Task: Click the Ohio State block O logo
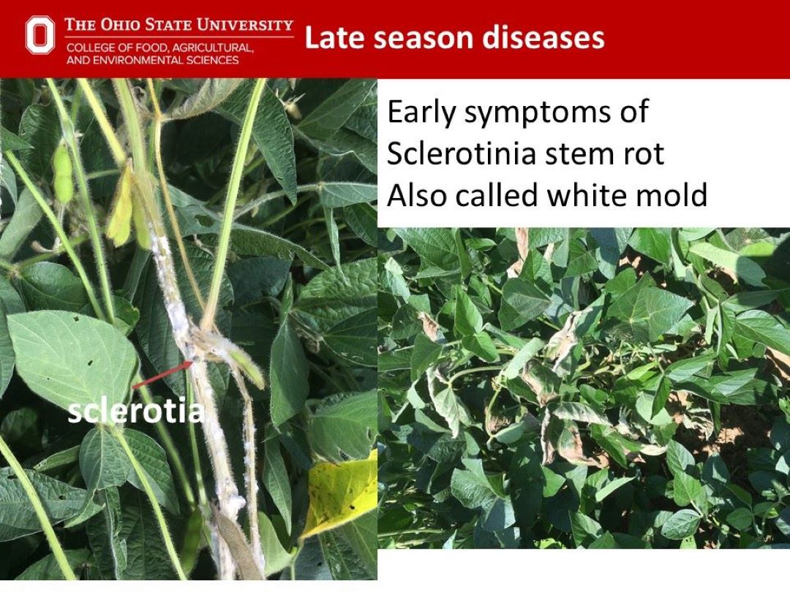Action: click(x=39, y=35)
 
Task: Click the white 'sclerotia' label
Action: click(x=135, y=411)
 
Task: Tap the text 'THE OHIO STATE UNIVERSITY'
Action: click(x=178, y=25)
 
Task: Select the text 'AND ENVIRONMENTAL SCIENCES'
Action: click(x=152, y=60)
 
